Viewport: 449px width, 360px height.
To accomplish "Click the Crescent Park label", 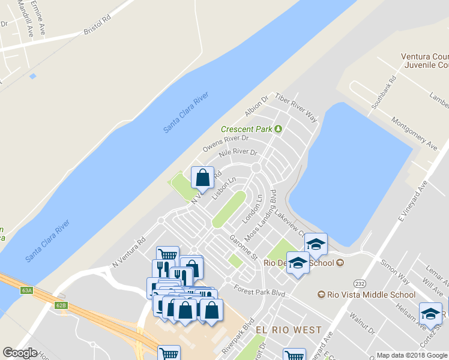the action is tap(247, 129).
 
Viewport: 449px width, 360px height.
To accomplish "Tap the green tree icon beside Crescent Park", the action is tap(278, 128).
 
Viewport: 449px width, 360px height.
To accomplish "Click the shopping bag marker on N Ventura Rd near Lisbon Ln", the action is tap(202, 178).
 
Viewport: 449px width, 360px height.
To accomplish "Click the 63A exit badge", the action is tap(26, 290).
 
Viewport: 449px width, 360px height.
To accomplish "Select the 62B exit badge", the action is tap(61, 305).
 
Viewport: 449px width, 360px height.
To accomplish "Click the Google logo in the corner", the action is tap(20, 353).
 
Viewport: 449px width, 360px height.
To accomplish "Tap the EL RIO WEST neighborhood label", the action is tap(289, 331).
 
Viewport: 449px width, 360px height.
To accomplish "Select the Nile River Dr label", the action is tap(238, 157).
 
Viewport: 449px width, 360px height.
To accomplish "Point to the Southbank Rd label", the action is tap(384, 91).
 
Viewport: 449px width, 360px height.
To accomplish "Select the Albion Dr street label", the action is tap(255, 106).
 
